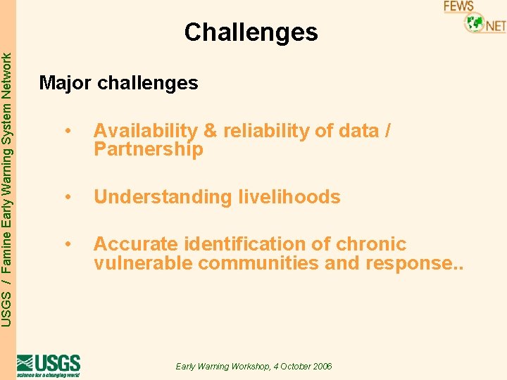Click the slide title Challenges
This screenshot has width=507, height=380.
[251, 32]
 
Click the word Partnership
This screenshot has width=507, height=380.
[148, 149]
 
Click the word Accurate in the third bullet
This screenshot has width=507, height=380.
[136, 244]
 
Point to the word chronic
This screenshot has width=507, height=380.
[370, 244]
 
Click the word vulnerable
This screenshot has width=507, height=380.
[143, 263]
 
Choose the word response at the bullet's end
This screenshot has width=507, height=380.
[407, 263]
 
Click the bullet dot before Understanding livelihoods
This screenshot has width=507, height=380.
[68, 197]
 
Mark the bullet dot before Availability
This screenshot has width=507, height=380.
[68, 131]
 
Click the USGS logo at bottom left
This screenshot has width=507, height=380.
[48, 365]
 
